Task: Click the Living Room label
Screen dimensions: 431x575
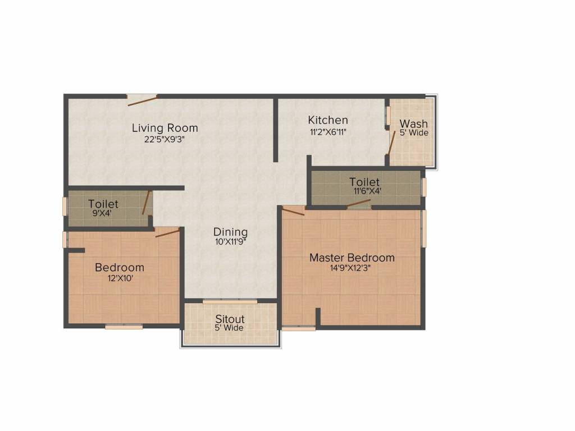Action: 165,128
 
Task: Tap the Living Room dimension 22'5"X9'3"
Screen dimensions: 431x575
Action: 165,140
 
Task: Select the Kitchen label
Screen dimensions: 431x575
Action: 328,120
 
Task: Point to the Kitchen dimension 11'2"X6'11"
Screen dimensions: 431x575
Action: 328,132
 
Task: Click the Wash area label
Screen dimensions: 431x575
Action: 413,123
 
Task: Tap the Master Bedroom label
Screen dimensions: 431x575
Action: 352,258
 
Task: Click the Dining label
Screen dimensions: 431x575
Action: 230,232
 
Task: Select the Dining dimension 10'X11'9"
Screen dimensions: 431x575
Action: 230,242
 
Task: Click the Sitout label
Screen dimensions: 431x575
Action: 230,319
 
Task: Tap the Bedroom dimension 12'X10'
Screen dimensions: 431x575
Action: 119,278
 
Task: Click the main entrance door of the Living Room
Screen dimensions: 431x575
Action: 142,100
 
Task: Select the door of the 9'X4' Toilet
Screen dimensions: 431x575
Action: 147,203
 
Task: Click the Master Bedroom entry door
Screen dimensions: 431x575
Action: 293,211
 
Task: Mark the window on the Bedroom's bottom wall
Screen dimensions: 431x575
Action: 124,327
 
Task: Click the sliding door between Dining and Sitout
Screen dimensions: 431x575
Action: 230,302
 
